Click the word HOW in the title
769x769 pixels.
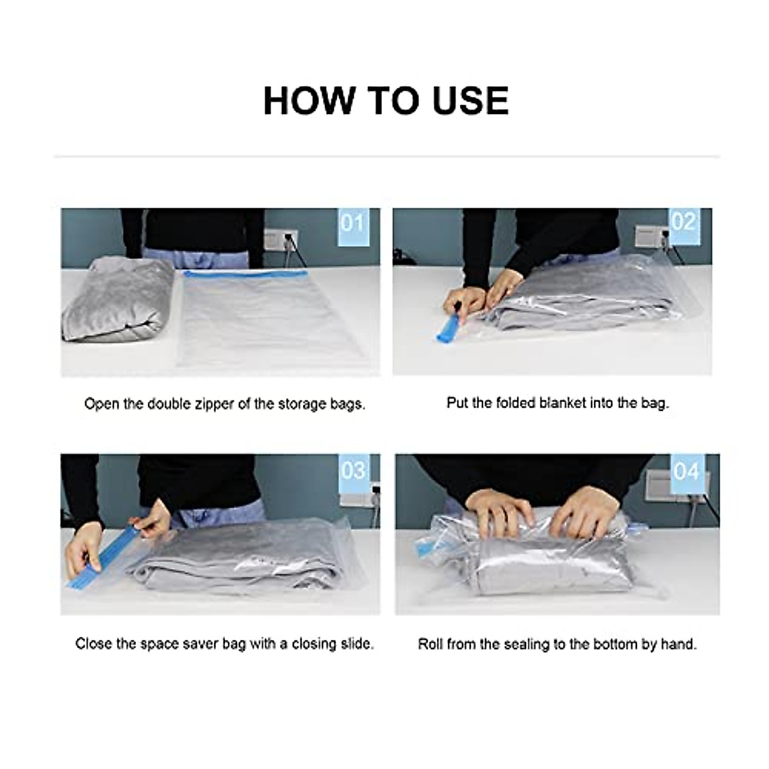[x=310, y=100]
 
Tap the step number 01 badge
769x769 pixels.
[x=352, y=227]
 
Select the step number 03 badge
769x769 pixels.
[x=353, y=474]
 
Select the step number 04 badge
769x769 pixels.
[x=686, y=474]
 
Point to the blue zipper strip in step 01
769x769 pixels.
[x=245, y=274]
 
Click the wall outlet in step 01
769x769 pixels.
[x=280, y=240]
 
